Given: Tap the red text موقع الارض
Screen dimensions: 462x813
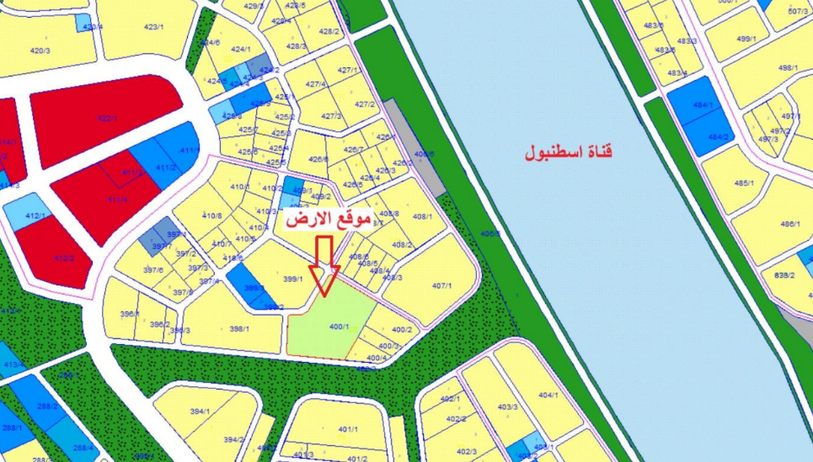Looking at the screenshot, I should coord(329,220).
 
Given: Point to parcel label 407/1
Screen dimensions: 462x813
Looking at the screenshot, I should coord(443,286).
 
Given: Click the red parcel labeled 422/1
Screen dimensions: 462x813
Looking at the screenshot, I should coord(107,119).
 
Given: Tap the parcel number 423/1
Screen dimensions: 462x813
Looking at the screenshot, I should coord(152,27).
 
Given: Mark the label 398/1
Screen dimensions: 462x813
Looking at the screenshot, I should coord(239,328).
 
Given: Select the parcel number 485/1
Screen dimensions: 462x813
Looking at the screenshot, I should coord(742,182).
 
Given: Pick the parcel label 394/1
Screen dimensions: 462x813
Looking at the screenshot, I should coord(200,412).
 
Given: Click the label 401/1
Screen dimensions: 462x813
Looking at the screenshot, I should coord(348,429).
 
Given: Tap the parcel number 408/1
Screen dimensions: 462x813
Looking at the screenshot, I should coord(422,217).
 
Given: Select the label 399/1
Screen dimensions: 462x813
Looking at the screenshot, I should coord(293,279).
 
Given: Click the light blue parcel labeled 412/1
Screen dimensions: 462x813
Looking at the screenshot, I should coord(35,216).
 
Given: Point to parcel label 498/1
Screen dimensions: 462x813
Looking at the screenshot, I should coord(788,67).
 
